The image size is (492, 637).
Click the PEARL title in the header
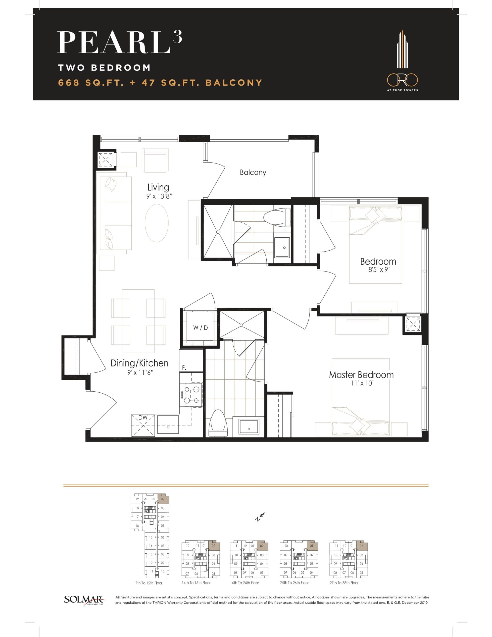[114, 43]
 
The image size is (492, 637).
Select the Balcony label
[253, 172]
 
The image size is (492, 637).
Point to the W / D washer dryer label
[200, 327]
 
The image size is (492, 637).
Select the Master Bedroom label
[361, 375]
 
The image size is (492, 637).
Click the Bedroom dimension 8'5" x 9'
[379, 269]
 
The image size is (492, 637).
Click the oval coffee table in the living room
[157, 223]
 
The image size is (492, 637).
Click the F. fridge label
[184, 368]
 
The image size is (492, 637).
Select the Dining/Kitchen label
[139, 363]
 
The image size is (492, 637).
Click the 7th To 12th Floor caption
[149, 583]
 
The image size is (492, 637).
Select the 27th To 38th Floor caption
[344, 583]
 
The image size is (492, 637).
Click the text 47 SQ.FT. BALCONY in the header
[202, 83]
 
